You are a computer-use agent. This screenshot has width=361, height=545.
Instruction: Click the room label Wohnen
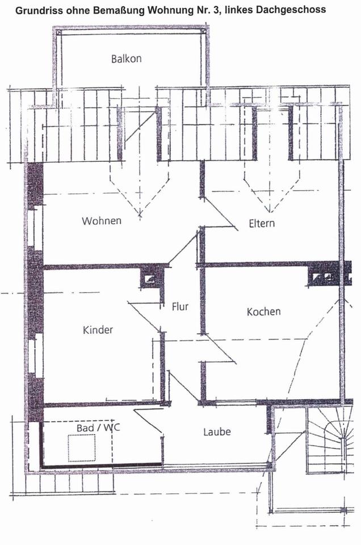click(x=102, y=221)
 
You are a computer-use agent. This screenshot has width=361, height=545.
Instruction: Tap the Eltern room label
click(x=262, y=223)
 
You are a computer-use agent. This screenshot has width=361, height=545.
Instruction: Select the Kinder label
click(x=98, y=330)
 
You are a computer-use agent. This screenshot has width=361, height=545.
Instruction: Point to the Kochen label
click(x=263, y=312)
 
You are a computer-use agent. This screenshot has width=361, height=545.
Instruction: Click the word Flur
click(x=180, y=307)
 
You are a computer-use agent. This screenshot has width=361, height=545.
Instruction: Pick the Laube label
click(x=217, y=432)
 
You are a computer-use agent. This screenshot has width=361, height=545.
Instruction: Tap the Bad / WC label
click(x=94, y=427)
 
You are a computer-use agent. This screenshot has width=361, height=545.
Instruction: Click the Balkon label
click(x=126, y=58)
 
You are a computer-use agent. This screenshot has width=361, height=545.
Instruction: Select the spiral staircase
click(x=328, y=441)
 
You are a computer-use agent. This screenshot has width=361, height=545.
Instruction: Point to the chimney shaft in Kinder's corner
click(x=151, y=278)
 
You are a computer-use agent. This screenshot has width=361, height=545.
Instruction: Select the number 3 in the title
click(x=237, y=10)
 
